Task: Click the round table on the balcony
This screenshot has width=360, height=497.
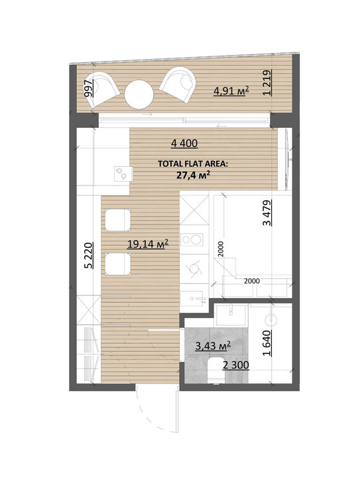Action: coord(139,94)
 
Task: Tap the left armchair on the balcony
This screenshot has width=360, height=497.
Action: coord(101,89)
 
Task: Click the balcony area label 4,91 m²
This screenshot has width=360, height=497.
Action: coord(231,91)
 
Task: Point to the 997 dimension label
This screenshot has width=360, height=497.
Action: coord(88,88)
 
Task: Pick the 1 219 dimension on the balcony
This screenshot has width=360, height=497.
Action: coord(267,82)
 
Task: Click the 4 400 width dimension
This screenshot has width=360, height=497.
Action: coord(184,144)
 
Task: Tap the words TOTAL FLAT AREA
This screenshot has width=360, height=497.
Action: coord(193,164)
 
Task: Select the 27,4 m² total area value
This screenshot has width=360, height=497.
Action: coord(194,175)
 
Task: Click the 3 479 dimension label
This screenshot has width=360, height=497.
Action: coord(267,212)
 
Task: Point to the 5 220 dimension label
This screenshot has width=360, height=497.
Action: coord(89,256)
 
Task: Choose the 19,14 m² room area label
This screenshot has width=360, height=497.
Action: coord(147,244)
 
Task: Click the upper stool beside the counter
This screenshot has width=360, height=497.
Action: coord(117,220)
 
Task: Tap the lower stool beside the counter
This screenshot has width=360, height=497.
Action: coord(117,264)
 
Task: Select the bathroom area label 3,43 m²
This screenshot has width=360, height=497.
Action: coord(213,346)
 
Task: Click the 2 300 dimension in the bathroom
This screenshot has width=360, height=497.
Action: coord(235,365)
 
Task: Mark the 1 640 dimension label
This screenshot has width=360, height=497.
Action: coord(267,343)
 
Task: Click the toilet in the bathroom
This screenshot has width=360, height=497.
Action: coord(216,370)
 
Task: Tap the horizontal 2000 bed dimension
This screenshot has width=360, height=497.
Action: coord(252,281)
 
